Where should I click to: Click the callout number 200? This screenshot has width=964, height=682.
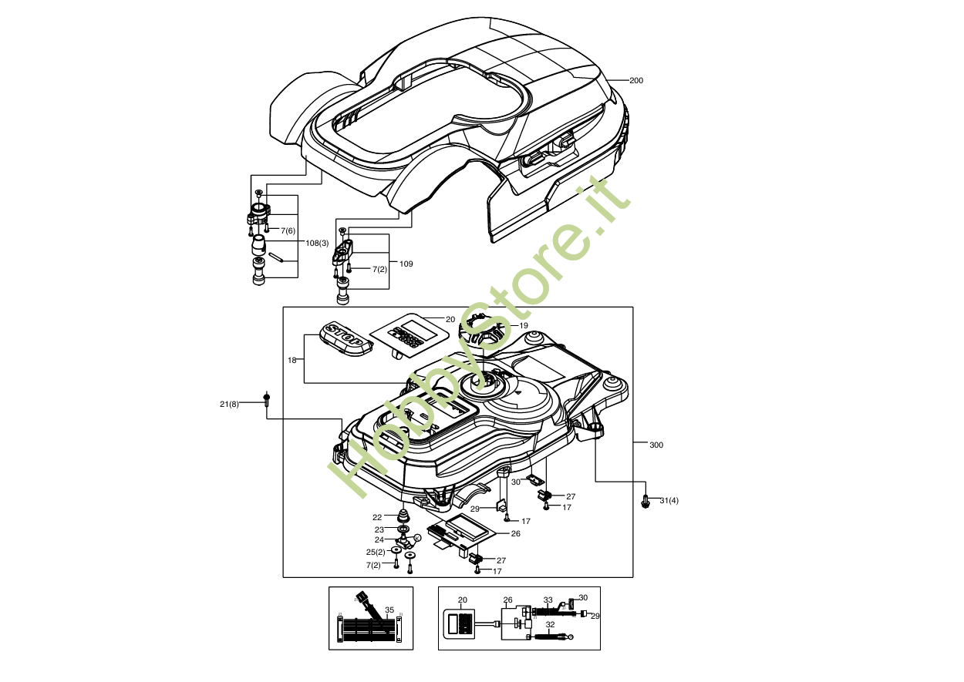[x=636, y=81]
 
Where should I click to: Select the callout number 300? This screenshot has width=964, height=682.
[x=656, y=445]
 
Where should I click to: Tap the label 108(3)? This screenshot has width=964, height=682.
[x=317, y=244]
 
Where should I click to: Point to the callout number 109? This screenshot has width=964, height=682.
[x=406, y=264]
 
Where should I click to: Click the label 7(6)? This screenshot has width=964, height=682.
[x=288, y=230]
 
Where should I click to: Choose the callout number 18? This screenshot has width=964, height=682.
[x=292, y=360]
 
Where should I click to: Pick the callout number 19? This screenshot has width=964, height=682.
[x=524, y=326]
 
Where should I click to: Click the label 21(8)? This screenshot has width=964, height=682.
[x=229, y=404]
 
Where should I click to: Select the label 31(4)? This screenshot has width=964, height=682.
[x=669, y=502]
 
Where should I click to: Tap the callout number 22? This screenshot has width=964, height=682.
[x=377, y=517]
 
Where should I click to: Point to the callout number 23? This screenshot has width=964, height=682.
[x=379, y=529]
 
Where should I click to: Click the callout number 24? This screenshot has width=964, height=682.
[x=379, y=539]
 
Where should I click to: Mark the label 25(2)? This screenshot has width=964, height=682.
[x=376, y=552]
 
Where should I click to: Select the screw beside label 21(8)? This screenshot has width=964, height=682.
[x=267, y=399]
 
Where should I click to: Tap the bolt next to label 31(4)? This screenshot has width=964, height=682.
[x=645, y=501]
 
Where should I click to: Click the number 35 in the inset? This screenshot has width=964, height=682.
[x=389, y=610]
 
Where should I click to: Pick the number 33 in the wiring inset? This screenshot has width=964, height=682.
[x=548, y=600]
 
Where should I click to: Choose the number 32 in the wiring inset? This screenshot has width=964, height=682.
[x=550, y=625]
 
